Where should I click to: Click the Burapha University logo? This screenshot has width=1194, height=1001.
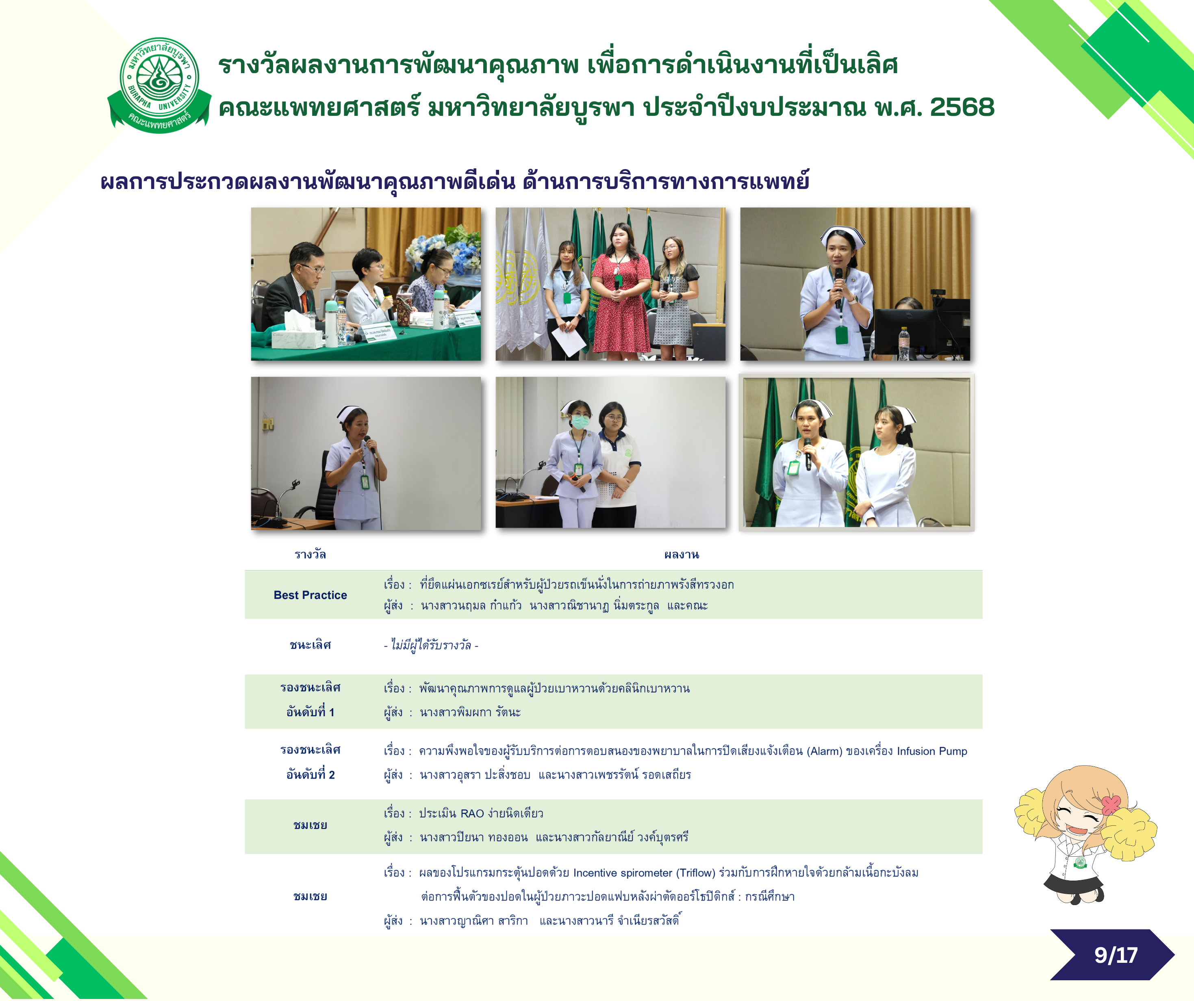[160, 85]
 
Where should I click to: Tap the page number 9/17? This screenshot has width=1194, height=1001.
[1116, 955]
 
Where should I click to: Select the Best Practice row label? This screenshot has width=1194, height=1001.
[310, 595]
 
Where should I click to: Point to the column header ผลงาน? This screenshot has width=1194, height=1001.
[682, 554]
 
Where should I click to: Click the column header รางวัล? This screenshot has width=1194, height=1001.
[310, 554]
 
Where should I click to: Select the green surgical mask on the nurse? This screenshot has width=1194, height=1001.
[580, 421]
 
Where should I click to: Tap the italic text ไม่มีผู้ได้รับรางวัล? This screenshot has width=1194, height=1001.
[431, 645]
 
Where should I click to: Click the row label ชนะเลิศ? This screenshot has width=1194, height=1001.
[310, 645]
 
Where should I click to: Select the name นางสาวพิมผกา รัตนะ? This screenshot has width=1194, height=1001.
[470, 712]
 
